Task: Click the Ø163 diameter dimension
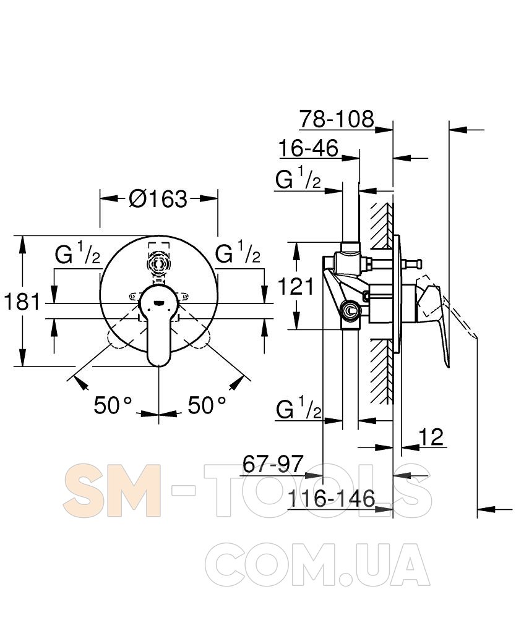click(158, 199)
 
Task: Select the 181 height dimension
click(22, 302)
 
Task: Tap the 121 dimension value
click(296, 286)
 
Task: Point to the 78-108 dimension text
click(336, 119)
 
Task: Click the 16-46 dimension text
click(308, 148)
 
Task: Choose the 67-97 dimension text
click(273, 464)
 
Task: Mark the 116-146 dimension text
click(332, 499)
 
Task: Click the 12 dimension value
click(431, 437)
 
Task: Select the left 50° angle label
click(113, 405)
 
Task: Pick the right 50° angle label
click(207, 405)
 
